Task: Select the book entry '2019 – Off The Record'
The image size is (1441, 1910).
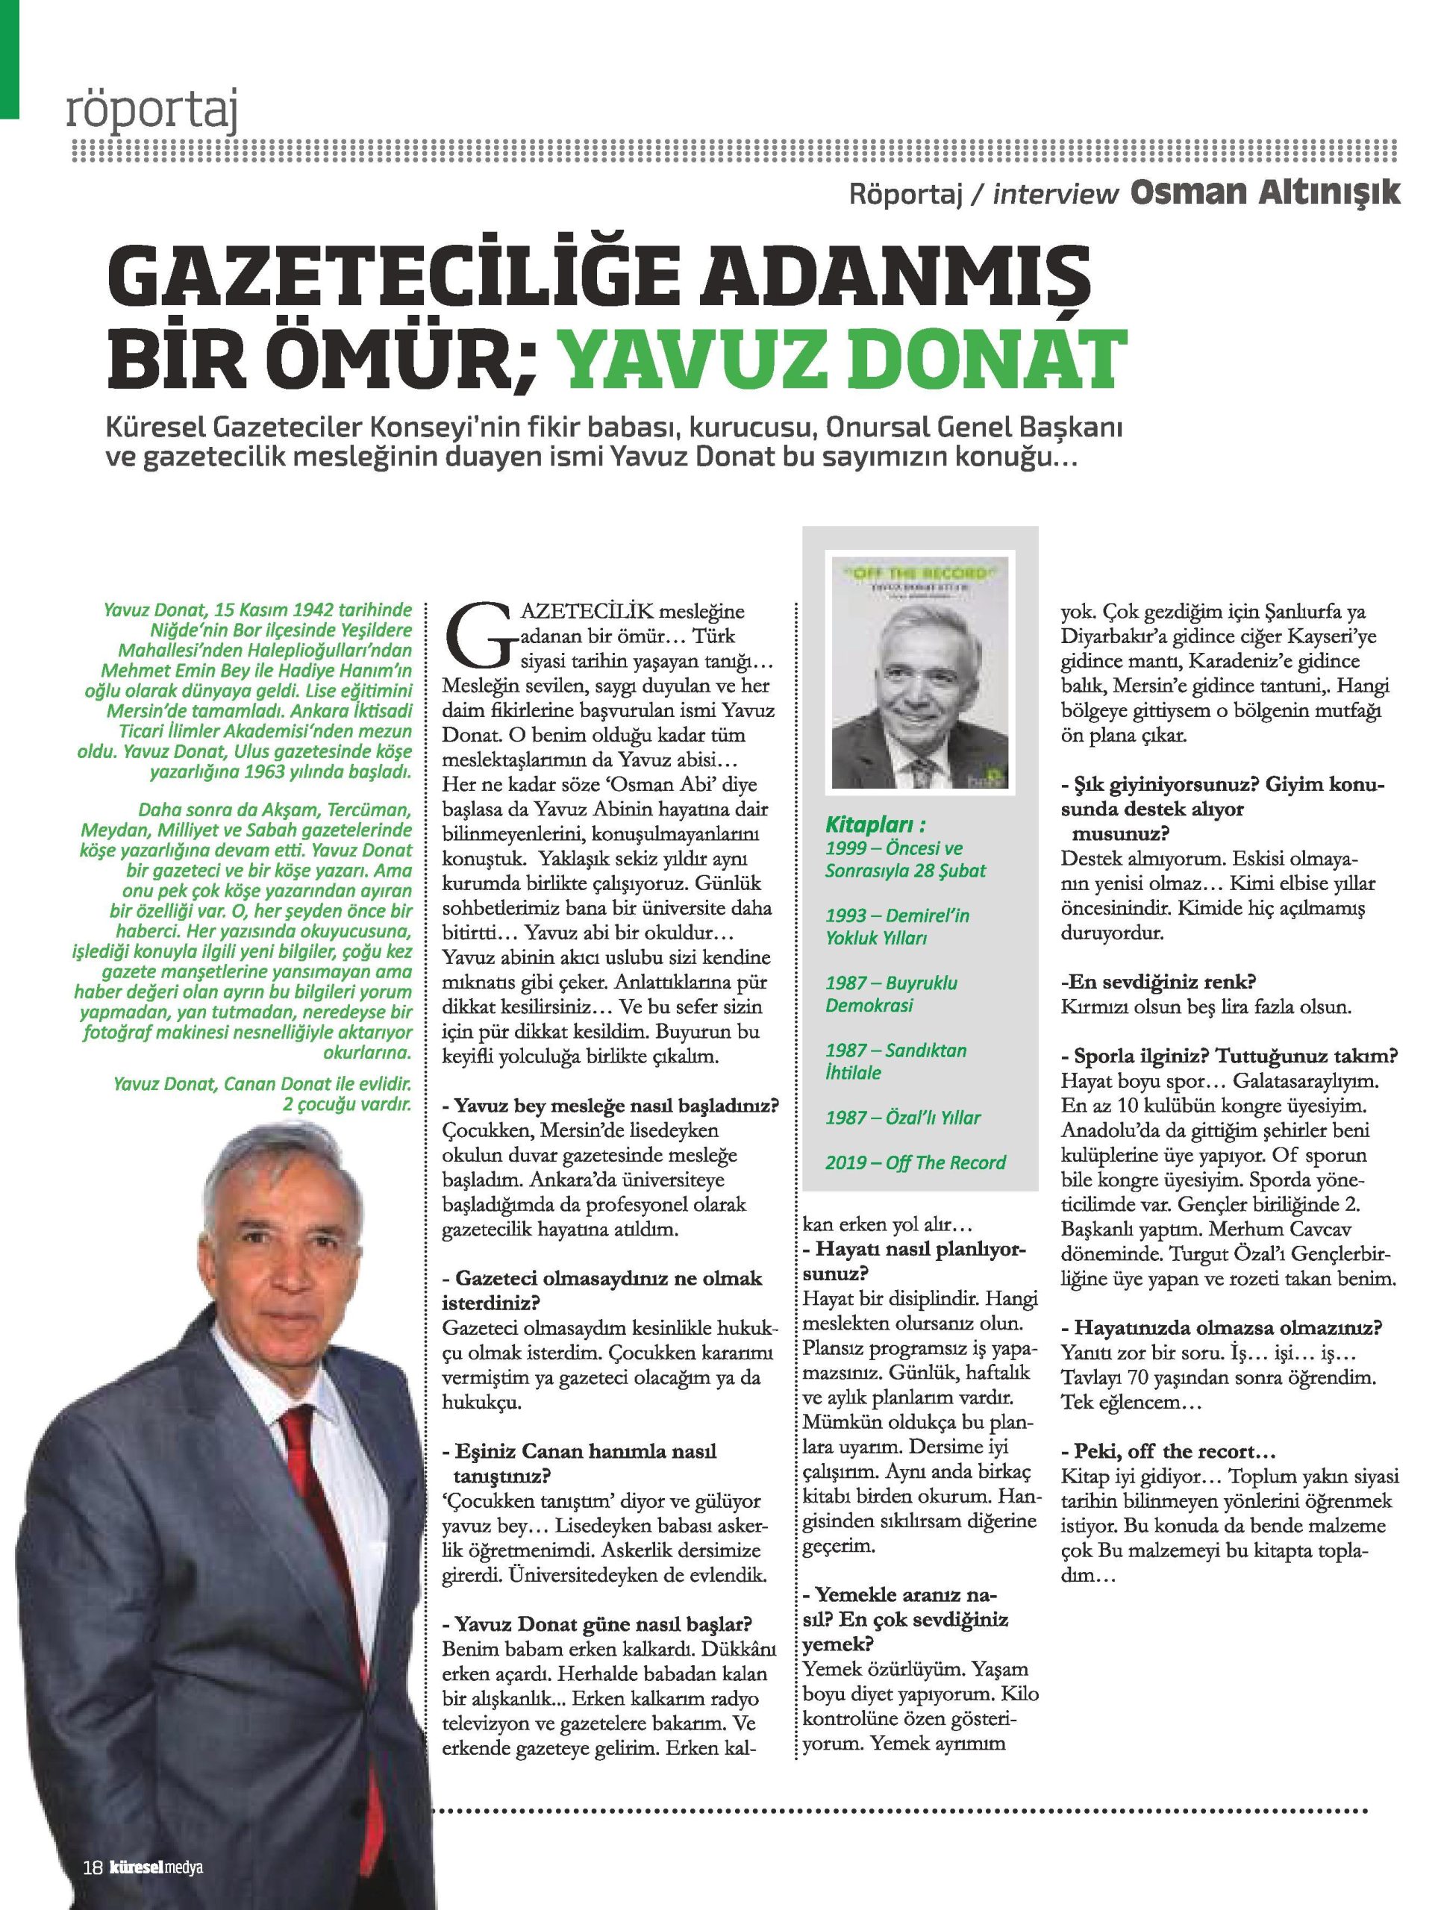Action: coord(915,1162)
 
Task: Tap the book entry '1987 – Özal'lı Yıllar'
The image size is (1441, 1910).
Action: coord(903,1118)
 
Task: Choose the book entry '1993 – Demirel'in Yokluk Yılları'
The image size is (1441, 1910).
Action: coord(896,927)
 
